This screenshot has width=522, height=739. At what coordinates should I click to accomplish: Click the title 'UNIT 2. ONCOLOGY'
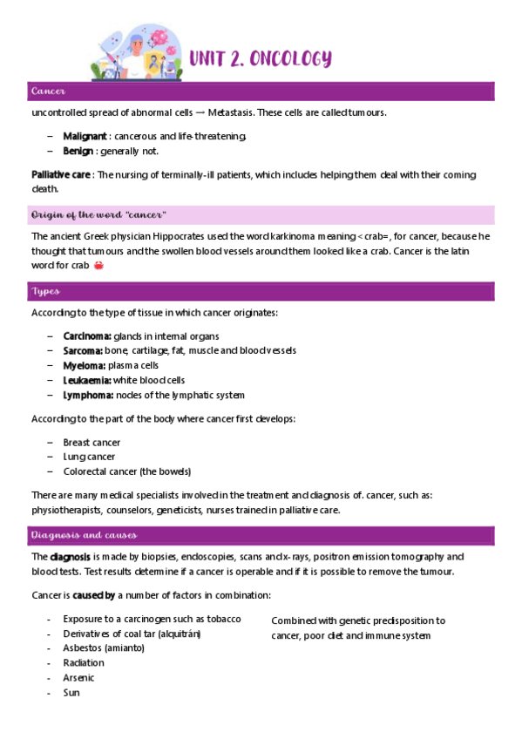point(261,58)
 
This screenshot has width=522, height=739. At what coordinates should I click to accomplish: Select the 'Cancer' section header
point(49,92)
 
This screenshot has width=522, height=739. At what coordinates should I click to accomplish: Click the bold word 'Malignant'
point(85,136)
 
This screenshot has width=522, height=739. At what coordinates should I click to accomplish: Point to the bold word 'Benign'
point(78,151)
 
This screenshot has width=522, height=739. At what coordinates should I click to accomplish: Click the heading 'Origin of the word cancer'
point(98,214)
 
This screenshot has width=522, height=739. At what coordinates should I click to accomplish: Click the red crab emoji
point(97,266)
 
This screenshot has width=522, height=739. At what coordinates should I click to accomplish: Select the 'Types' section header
point(45,291)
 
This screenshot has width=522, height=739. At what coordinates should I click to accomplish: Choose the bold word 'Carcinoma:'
point(87,336)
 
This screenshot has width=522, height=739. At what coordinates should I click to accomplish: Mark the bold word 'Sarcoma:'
point(83,350)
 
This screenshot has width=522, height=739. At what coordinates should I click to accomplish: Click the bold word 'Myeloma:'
point(83,365)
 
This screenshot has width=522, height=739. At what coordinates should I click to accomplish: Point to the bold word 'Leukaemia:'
point(87,380)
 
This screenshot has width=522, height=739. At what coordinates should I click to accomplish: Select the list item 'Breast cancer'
point(92,443)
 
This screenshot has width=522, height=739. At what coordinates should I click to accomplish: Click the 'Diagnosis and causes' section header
point(83,534)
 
